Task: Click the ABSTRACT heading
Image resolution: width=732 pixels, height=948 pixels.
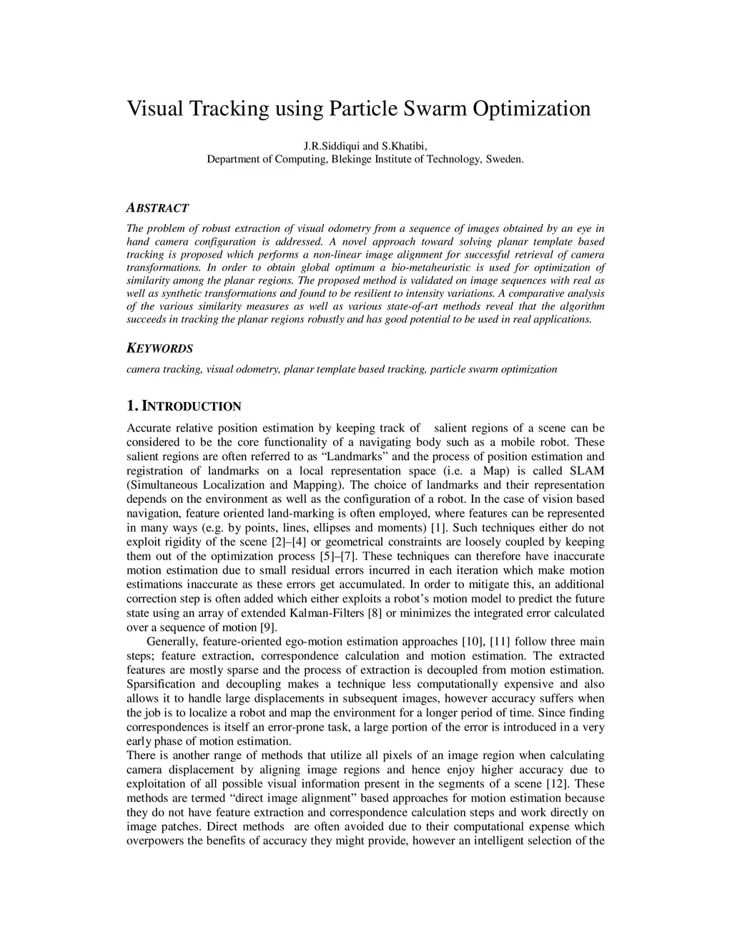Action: tap(157, 208)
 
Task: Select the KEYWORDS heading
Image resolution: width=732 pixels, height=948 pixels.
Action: tap(159, 348)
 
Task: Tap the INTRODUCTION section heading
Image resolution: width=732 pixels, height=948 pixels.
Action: tap(192, 406)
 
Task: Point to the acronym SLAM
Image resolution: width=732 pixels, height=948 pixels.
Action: tap(586, 471)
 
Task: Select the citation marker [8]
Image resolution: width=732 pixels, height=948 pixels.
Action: tap(375, 613)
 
